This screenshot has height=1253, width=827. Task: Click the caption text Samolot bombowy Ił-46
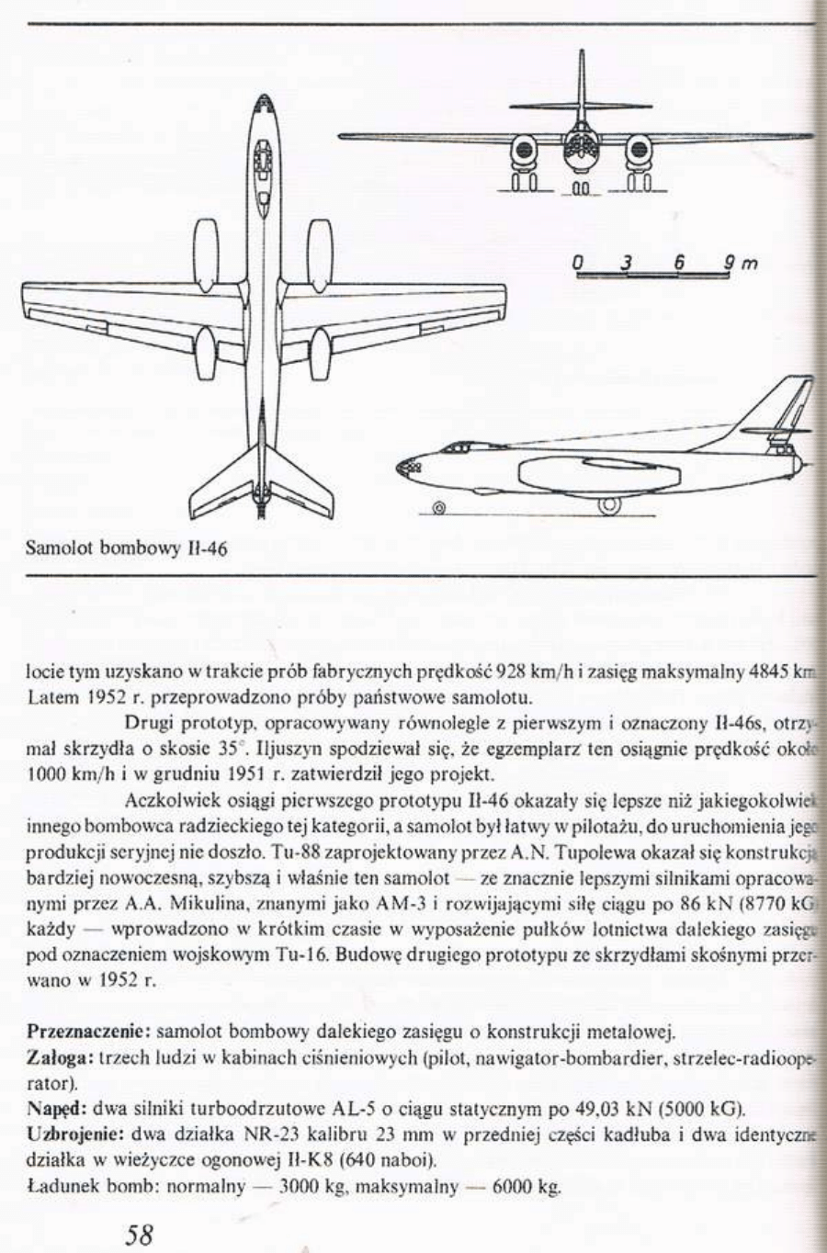click(x=126, y=549)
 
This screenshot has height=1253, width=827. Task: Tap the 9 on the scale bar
click(x=728, y=263)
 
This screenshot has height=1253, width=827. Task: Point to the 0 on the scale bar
click(x=578, y=263)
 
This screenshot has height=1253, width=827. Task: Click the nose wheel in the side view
click(x=438, y=506)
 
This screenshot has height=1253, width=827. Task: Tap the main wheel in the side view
click(x=608, y=505)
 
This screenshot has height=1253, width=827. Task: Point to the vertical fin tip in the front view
click(x=581, y=53)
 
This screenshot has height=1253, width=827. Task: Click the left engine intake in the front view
click(x=524, y=148)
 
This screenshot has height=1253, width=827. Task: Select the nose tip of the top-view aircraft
click(x=264, y=96)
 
